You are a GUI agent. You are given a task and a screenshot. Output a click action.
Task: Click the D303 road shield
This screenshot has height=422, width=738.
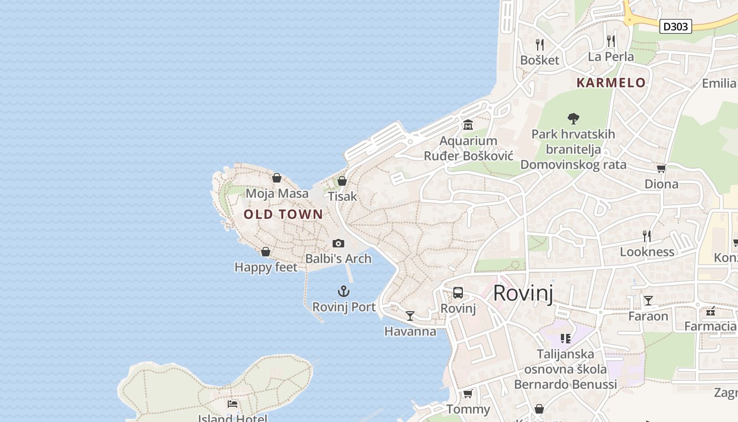coord(675,26)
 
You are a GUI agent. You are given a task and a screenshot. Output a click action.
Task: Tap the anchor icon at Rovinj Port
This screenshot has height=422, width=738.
coord(344,291)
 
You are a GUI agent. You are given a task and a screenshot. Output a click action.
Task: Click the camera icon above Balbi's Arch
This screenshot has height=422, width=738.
coord(338,243)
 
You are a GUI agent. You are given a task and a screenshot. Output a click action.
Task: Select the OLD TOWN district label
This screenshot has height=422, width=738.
coord(283,214)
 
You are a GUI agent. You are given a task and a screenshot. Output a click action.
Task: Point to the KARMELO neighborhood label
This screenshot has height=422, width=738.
coord(611,83)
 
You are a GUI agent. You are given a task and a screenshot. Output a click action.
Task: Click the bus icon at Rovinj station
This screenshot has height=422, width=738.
coord(458,293)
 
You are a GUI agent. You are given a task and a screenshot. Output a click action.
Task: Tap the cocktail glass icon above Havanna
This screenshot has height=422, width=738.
coord(410,316)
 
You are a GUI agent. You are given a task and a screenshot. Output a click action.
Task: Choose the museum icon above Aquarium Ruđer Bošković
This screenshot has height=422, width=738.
coord(468,125)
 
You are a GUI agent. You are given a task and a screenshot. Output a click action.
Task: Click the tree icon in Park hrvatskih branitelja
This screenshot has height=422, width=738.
coord(574,119)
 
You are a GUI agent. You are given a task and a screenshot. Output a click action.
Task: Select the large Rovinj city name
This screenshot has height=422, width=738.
coord(523,293)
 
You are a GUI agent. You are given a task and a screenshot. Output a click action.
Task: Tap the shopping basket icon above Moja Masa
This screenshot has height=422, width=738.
coord(277,178)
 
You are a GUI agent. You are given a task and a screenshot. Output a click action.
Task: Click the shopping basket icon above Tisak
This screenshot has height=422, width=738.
coord(342,181)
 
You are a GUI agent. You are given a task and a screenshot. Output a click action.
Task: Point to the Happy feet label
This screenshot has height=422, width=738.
coord(266,267)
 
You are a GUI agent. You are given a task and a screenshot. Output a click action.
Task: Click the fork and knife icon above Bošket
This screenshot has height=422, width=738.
coord(539,44)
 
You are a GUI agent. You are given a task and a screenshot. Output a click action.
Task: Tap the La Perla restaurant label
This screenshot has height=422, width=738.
coord(611,56)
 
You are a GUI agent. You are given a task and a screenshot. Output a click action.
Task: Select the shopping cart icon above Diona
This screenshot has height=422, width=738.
coord(661,168)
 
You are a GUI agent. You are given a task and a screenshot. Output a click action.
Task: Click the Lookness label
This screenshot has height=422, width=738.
coord(647,252)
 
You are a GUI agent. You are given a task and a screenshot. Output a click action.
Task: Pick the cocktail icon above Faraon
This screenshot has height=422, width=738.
coord(648,301)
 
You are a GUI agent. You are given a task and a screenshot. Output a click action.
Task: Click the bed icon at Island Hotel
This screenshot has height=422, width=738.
coord(232,404)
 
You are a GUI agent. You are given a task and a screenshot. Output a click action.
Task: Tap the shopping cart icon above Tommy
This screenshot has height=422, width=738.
coord(468,394)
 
